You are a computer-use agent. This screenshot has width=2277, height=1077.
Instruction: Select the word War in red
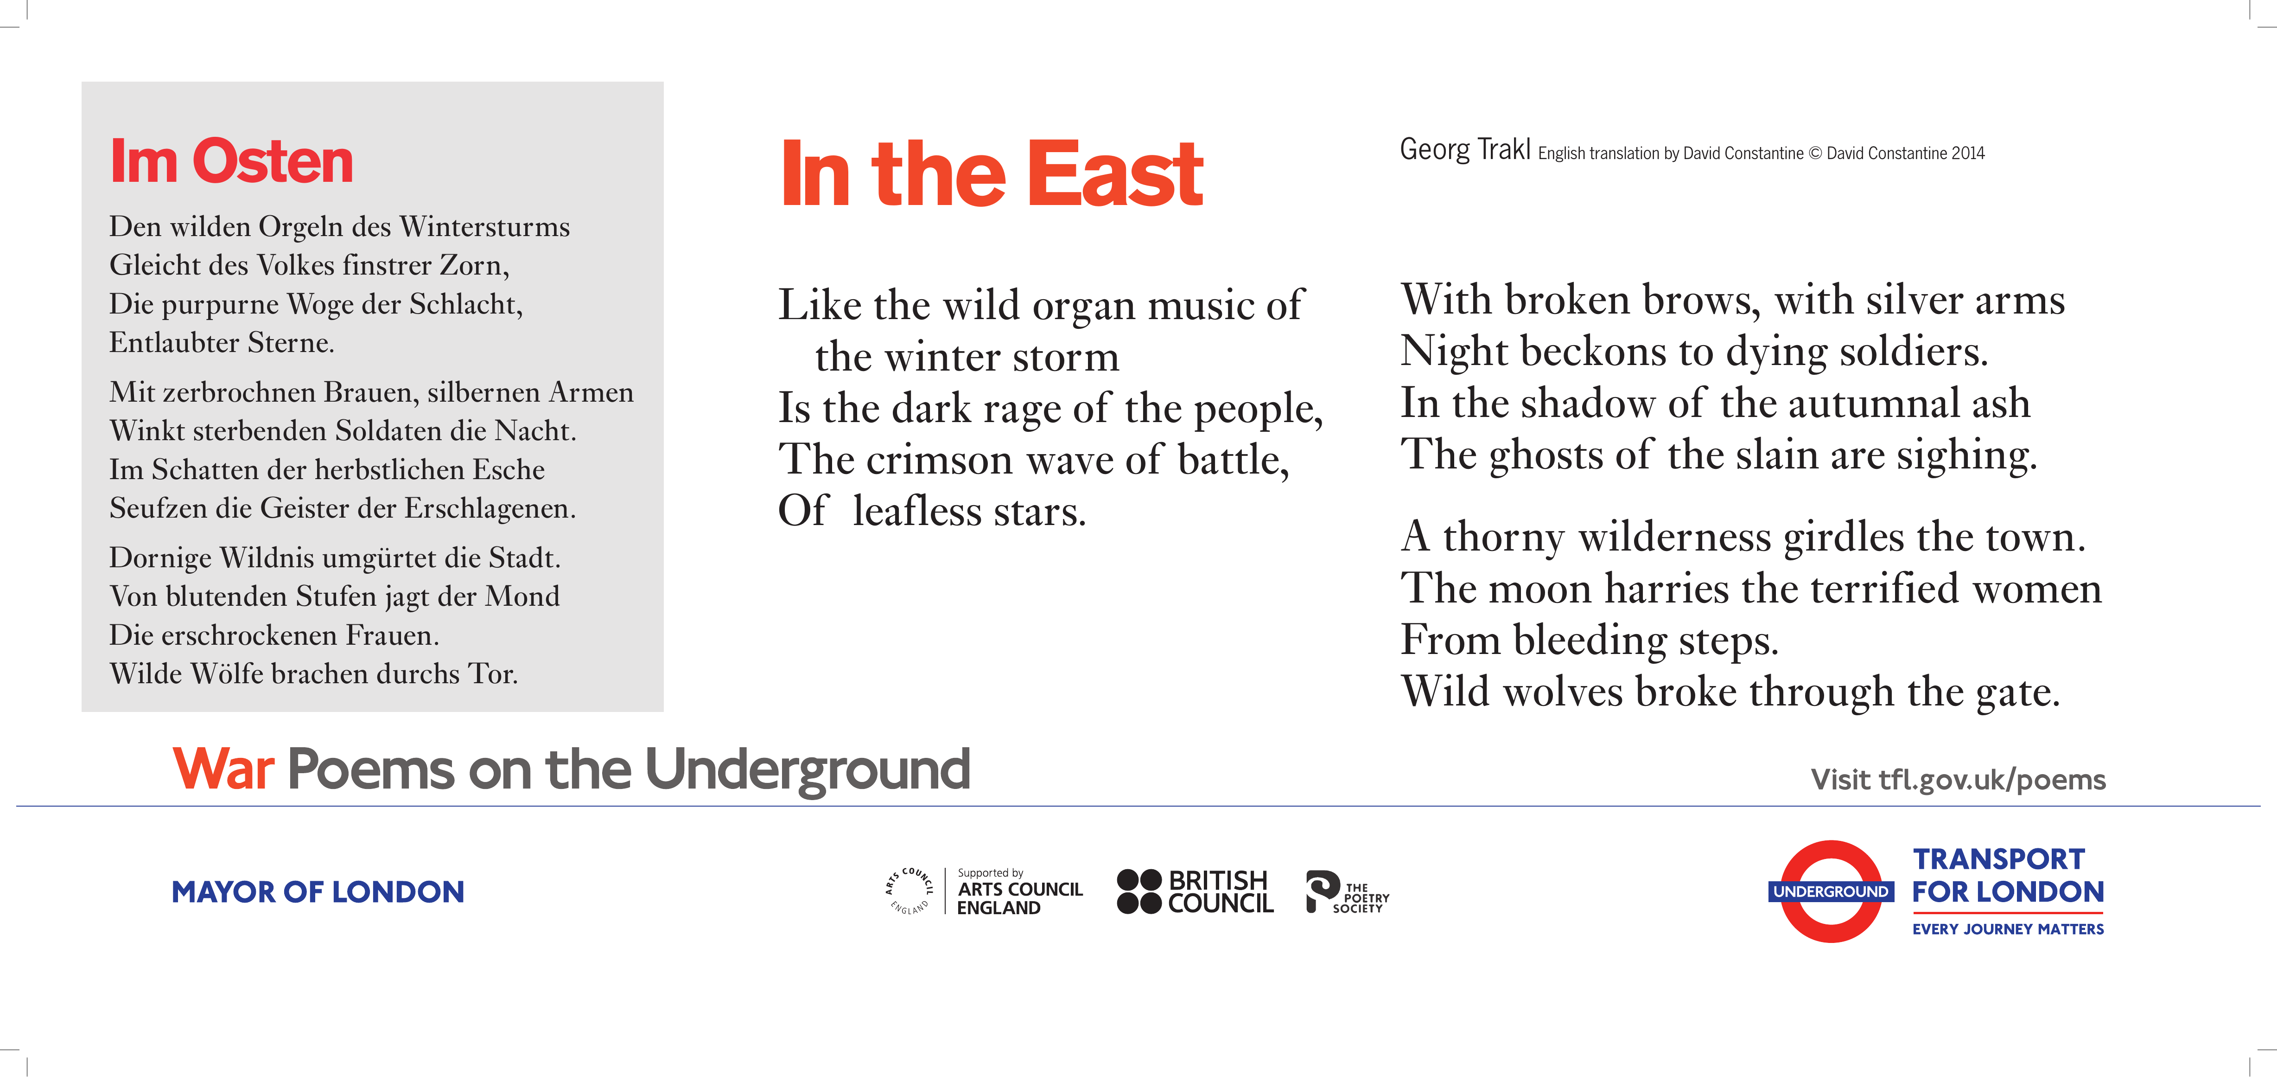(223, 769)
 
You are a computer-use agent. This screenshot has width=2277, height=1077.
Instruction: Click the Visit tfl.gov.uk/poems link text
(1958, 779)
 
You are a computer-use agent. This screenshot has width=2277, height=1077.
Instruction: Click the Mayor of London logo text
(318, 891)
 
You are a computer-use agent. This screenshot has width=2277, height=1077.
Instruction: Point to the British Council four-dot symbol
(1138, 891)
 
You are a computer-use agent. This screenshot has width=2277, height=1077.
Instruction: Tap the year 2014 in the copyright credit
(1968, 153)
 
